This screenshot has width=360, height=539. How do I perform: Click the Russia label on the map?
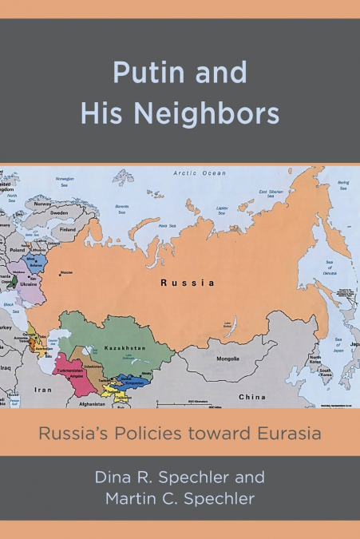click(x=187, y=283)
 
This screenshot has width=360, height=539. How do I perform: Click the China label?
click(x=252, y=396)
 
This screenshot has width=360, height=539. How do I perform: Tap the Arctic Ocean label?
click(x=200, y=172)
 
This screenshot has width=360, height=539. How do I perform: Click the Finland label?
click(x=68, y=229)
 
